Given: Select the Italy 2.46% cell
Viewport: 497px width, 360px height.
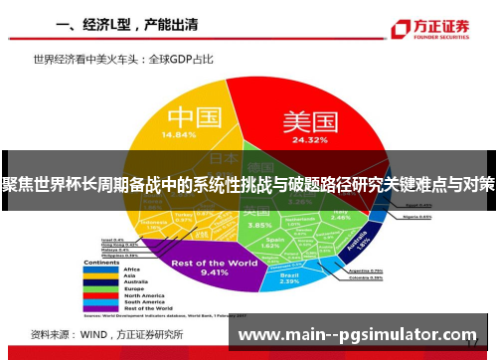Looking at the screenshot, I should [342, 215].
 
